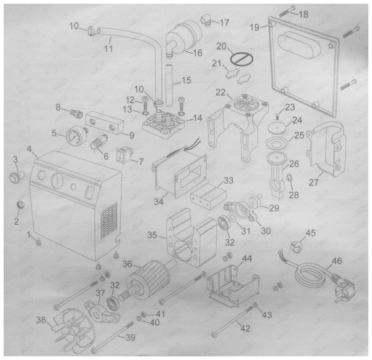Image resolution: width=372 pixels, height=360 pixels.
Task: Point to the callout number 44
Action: click(x=247, y=258)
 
